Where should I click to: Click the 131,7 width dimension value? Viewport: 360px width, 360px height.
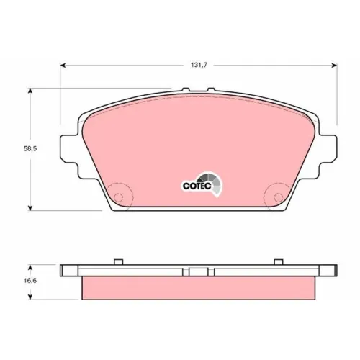click(x=199, y=65)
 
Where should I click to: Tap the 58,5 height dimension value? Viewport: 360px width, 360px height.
click(x=30, y=149)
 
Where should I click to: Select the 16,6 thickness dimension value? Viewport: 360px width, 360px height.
click(x=30, y=281)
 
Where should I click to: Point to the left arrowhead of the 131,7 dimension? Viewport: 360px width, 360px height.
click(x=63, y=66)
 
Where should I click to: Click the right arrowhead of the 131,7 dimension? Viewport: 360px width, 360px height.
click(x=334, y=66)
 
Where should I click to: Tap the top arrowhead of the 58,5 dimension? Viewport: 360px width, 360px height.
click(x=30, y=91)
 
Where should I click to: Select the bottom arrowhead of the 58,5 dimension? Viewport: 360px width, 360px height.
click(x=30, y=207)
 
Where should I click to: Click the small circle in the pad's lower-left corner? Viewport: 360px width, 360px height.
click(x=118, y=197)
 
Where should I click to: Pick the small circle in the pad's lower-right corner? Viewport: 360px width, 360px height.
click(x=279, y=197)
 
